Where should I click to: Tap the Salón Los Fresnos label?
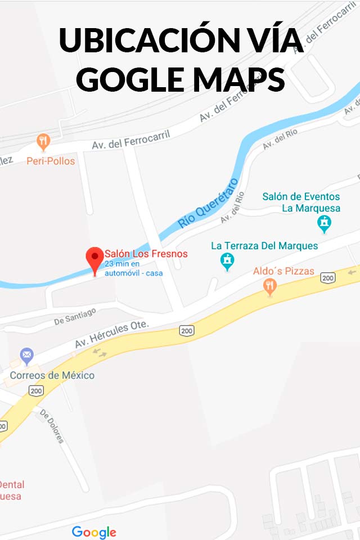pyautogui.click(x=146, y=254)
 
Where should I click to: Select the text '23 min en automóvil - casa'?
pyautogui.click(x=134, y=268)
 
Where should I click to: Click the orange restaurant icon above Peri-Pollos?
pyautogui.click(x=43, y=140)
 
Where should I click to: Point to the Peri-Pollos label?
pyautogui.click(x=51, y=161)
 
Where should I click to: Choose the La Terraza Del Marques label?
pyautogui.click(x=264, y=246)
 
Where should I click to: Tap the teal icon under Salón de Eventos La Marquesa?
pyautogui.click(x=324, y=224)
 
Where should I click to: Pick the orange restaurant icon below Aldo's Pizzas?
pyautogui.click(x=271, y=287)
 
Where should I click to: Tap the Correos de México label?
pyautogui.click(x=52, y=375)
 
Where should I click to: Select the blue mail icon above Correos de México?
pyautogui.click(x=26, y=355)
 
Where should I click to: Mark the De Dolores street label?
pyautogui.click(x=51, y=426)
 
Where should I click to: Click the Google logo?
pyautogui.click(x=94, y=532)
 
